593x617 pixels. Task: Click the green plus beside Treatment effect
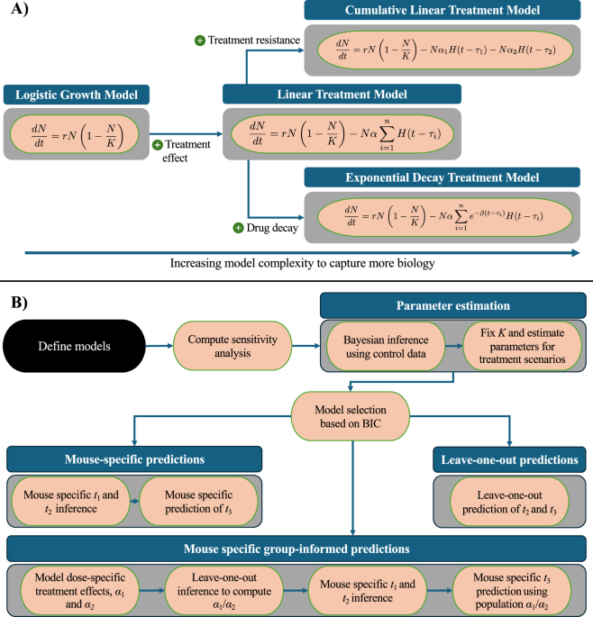[157, 145]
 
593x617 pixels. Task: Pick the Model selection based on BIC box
[350, 418]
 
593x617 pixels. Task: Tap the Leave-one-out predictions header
[509, 458]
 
